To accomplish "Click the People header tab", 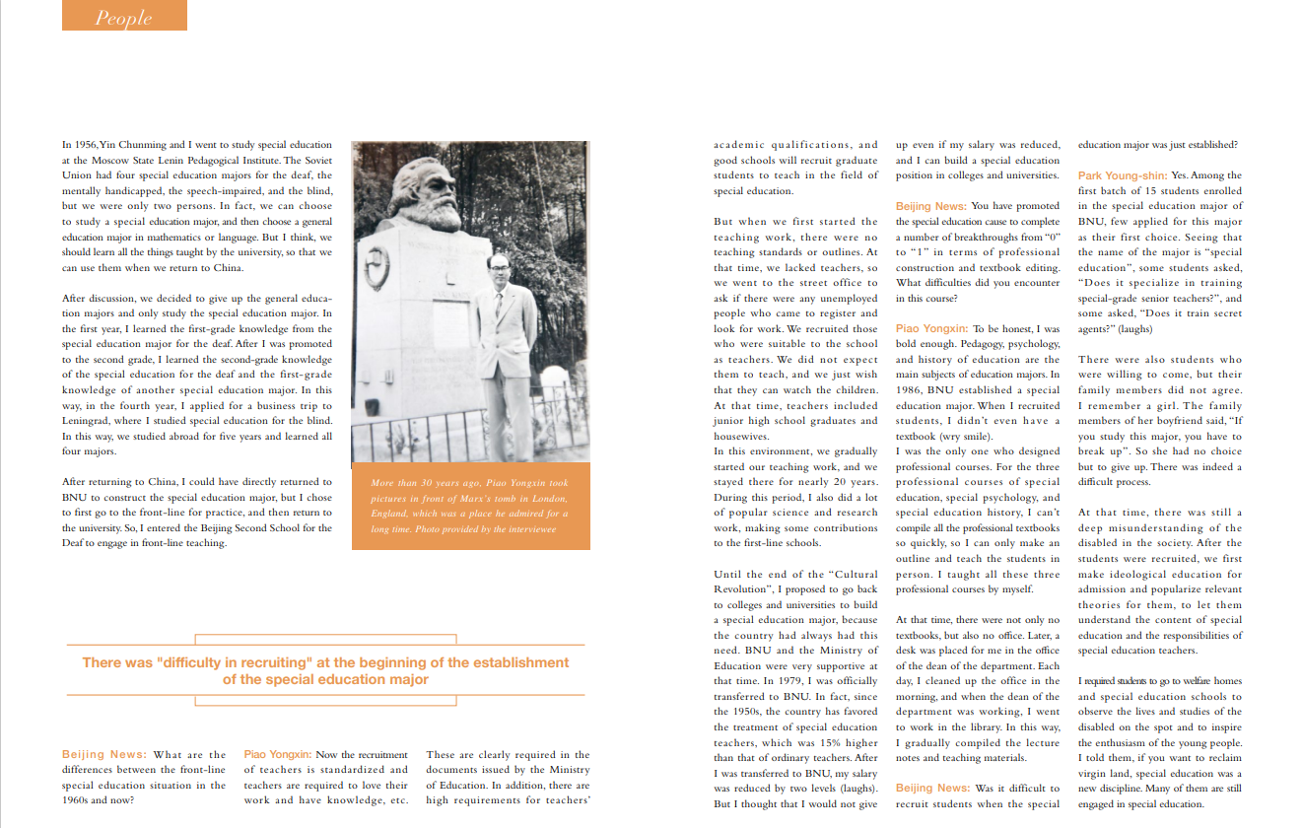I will click(x=124, y=17).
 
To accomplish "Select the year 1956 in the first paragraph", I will click(x=86, y=145).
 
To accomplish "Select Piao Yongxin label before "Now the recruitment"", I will click(x=278, y=755).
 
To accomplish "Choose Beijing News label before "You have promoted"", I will click(x=930, y=206).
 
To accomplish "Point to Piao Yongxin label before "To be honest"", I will click(x=931, y=328).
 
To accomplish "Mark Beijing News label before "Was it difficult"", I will click(x=930, y=788).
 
